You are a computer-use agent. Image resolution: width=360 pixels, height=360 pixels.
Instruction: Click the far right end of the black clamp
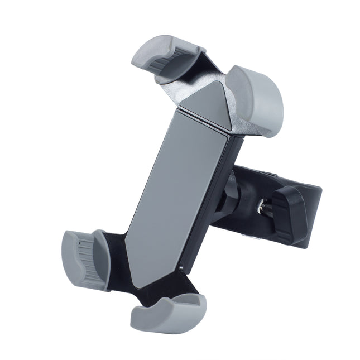[x=318, y=195]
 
